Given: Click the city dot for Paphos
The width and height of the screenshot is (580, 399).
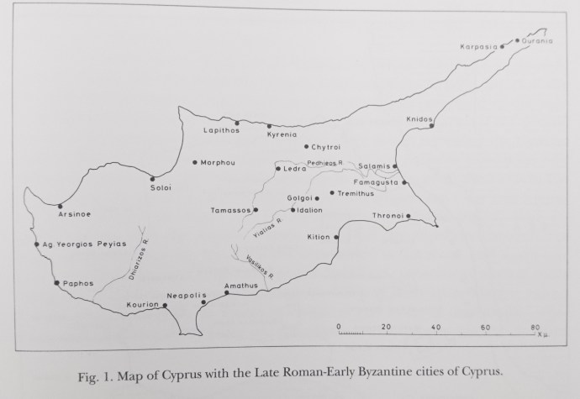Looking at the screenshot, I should (x=56, y=283).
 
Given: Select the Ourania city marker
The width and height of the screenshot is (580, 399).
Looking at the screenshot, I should (x=516, y=39).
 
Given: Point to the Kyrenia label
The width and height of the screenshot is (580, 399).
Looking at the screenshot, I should (x=282, y=134).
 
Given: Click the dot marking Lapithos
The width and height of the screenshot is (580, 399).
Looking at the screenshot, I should (x=237, y=123).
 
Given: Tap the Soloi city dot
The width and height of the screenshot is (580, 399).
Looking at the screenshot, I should (x=152, y=177).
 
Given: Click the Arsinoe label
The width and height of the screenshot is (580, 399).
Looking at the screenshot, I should (x=74, y=214).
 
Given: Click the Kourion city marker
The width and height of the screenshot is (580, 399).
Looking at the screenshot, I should (x=165, y=306).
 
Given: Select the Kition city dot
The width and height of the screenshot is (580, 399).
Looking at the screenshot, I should (x=336, y=237).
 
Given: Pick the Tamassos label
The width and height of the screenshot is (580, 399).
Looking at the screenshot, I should (x=231, y=210).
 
